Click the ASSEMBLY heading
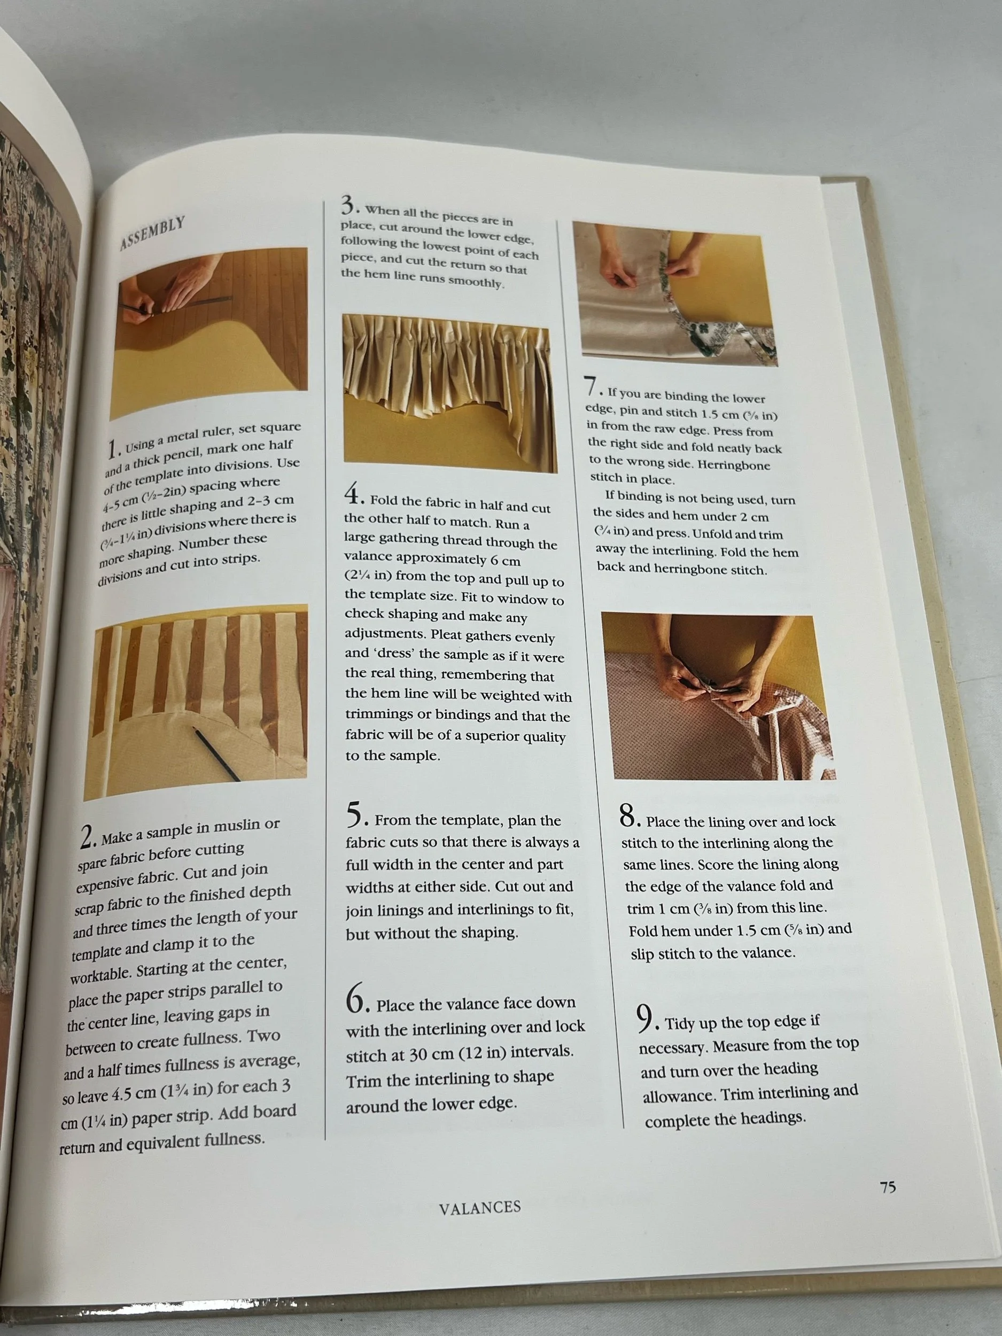(x=152, y=233)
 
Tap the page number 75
(x=887, y=1187)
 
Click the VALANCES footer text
(x=479, y=1207)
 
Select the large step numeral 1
(x=112, y=449)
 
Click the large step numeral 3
(x=348, y=205)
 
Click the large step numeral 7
(x=591, y=387)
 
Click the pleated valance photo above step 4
(x=449, y=393)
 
